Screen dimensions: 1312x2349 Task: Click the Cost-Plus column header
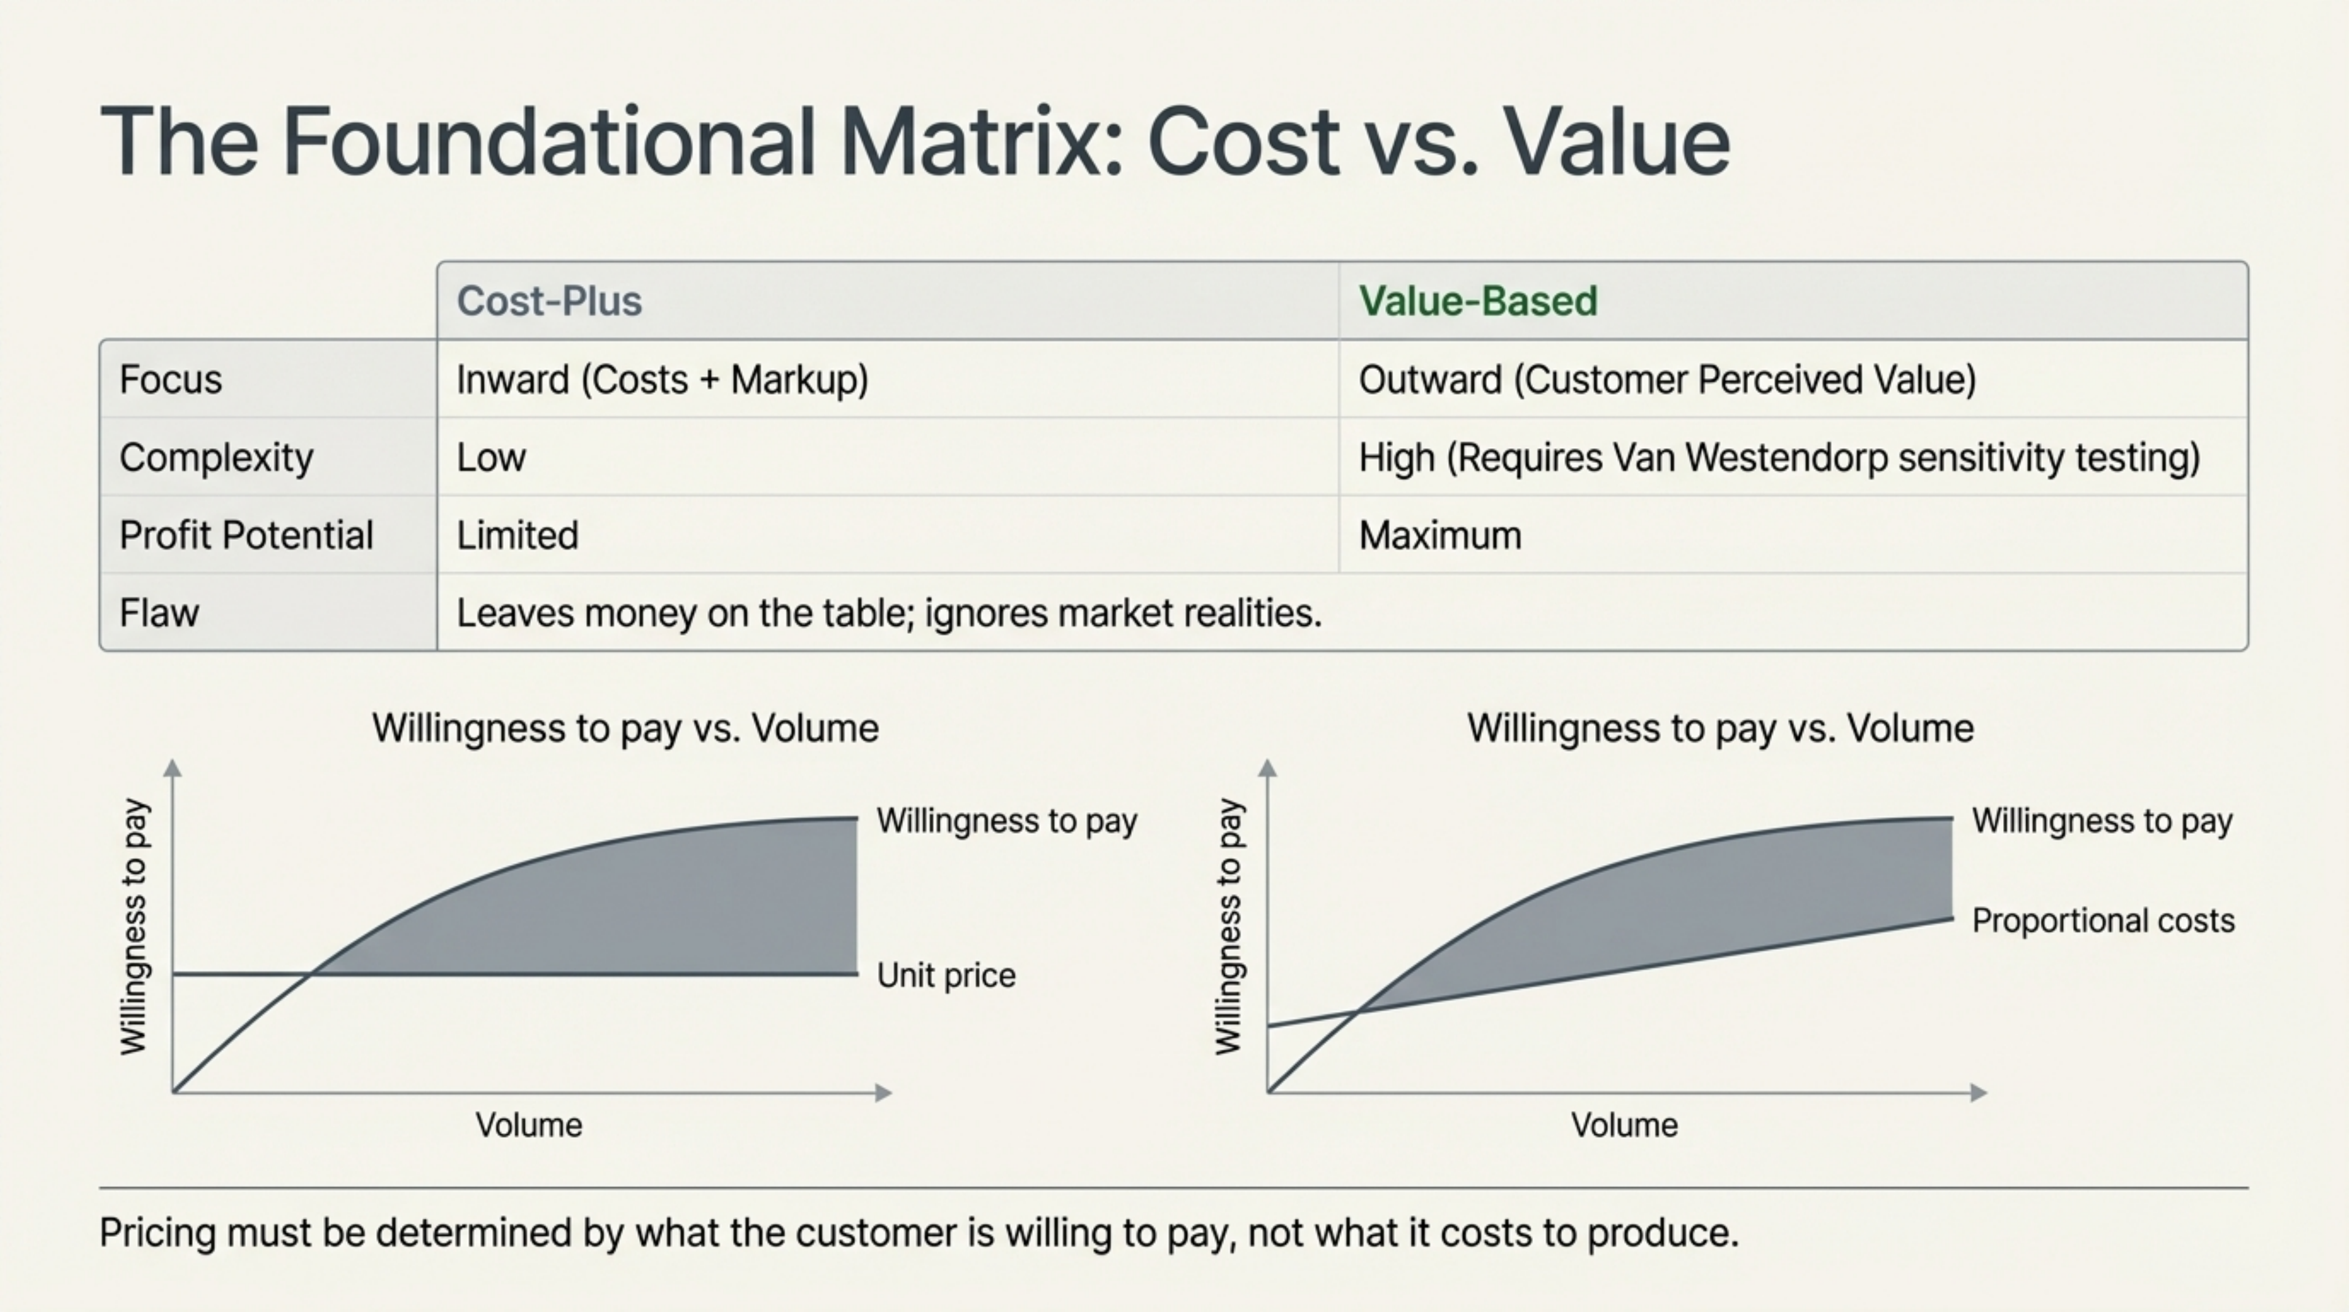click(549, 301)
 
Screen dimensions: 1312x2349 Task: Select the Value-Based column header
click(1477, 301)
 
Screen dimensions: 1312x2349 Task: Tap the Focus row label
click(171, 379)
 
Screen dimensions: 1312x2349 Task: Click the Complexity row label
click(216, 457)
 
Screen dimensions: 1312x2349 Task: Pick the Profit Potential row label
click(246, 535)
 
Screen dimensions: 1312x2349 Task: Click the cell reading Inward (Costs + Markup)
click(662, 379)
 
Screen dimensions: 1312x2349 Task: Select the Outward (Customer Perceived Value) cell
click(1667, 379)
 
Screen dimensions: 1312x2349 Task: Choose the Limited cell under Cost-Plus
click(517, 535)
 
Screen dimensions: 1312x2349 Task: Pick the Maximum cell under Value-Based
click(1440, 535)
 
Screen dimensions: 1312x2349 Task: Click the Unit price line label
click(946, 975)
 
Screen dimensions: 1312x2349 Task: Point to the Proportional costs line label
click(2103, 920)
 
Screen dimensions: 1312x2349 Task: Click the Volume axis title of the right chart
click(1623, 1125)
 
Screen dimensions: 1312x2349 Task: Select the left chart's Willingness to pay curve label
click(1006, 820)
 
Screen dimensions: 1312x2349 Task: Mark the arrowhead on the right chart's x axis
click(1978, 1092)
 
